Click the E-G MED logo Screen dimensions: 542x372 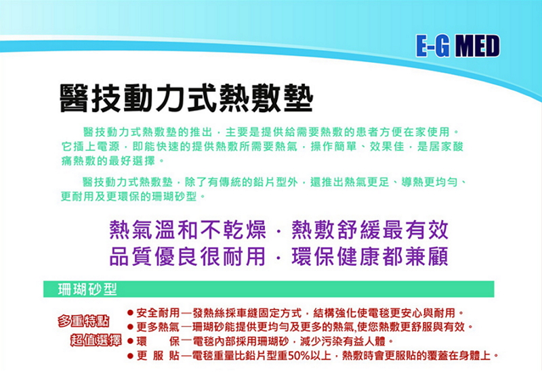pos(458,45)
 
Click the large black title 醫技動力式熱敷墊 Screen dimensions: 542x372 pos(186,98)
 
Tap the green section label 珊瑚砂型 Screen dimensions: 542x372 pos(87,289)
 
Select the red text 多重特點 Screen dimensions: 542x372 pos(83,321)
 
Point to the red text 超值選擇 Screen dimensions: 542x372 pos(96,340)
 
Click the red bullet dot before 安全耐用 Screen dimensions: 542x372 pos(130,313)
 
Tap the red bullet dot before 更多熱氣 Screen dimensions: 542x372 pos(130,327)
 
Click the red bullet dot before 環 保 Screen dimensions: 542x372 pos(130,342)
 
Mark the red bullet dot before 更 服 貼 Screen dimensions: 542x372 pos(130,356)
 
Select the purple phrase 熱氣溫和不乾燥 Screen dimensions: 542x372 pos(188,229)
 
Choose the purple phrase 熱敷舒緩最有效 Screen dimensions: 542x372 pos(370,229)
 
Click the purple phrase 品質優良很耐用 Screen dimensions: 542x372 pos(188,256)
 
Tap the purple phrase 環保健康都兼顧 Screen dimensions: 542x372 pos(370,256)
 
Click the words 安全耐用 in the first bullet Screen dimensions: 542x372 pos(158,313)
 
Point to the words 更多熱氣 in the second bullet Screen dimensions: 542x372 pos(158,327)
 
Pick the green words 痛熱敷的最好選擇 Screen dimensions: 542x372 pos(108,161)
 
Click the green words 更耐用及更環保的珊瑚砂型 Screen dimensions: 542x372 pos(129,196)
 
